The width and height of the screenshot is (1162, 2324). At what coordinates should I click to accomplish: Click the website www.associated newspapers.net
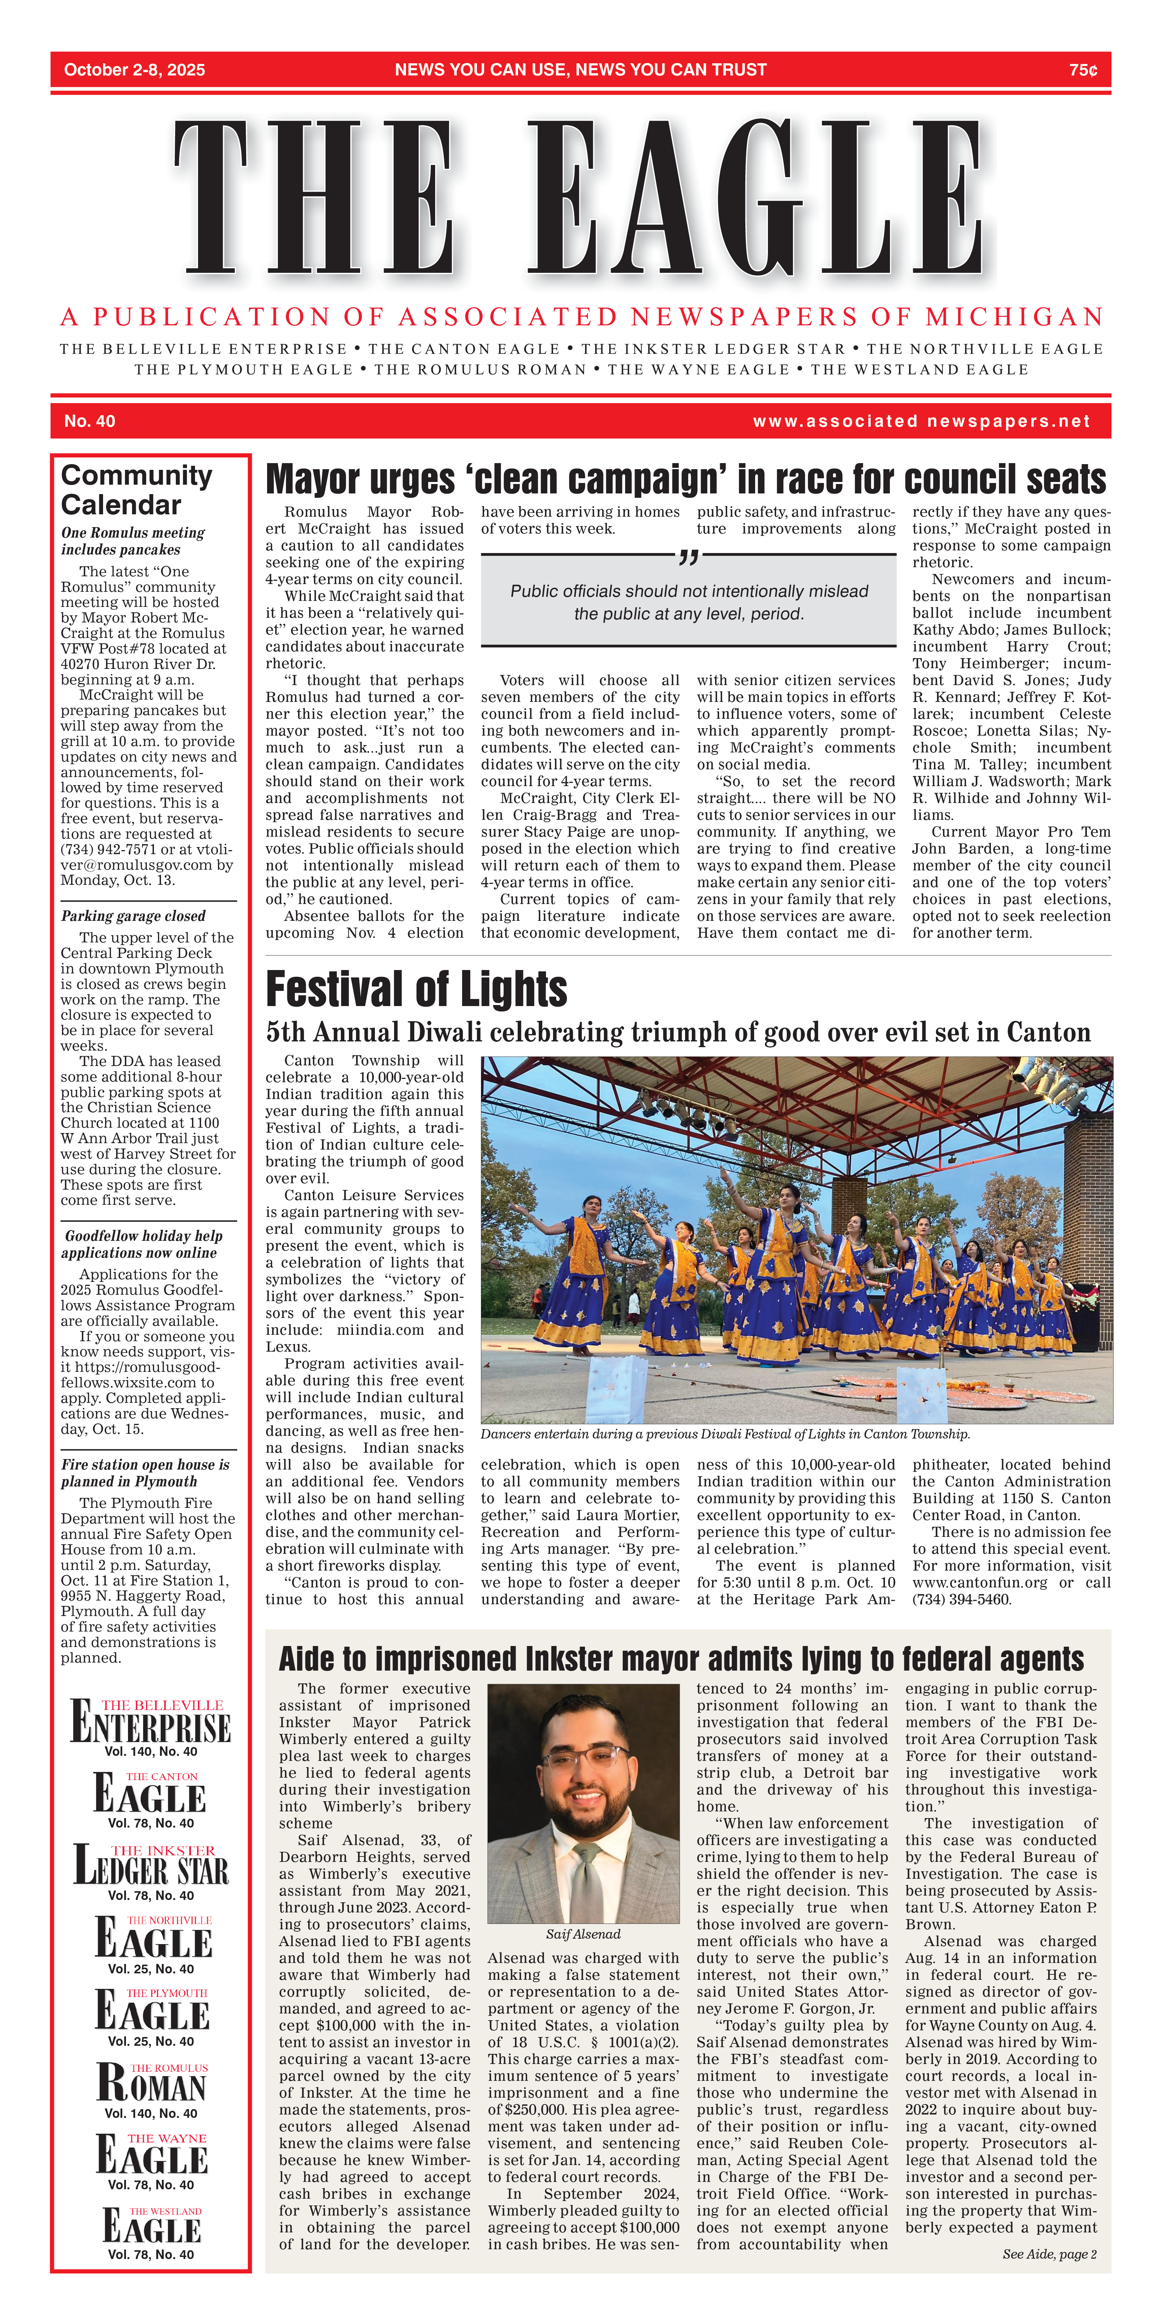[921, 421]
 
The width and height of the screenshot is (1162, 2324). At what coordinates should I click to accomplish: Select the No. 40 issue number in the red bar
[89, 421]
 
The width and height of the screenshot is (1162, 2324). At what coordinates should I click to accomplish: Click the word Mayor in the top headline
[312, 480]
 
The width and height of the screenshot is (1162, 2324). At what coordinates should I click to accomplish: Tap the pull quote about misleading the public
[689, 603]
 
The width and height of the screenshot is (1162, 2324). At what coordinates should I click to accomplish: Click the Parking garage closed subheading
[133, 916]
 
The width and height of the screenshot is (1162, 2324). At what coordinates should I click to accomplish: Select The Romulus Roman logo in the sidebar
[152, 2084]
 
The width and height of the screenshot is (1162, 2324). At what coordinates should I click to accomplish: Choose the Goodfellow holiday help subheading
[142, 1244]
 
